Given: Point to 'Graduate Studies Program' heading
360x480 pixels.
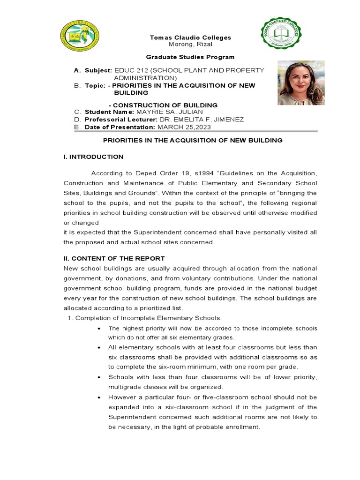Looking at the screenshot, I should click(x=183, y=57).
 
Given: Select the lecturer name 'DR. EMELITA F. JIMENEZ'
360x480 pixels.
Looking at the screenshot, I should click(x=202, y=120).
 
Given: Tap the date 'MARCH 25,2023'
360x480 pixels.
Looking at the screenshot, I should click(x=184, y=127).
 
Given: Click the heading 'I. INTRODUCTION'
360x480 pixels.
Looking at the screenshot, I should click(x=93, y=157).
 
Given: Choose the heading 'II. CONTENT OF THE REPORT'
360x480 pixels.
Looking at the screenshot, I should click(x=114, y=258).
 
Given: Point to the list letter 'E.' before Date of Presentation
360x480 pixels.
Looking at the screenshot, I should click(x=77, y=127).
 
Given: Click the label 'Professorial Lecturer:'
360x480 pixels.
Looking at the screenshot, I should click(x=116, y=120).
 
